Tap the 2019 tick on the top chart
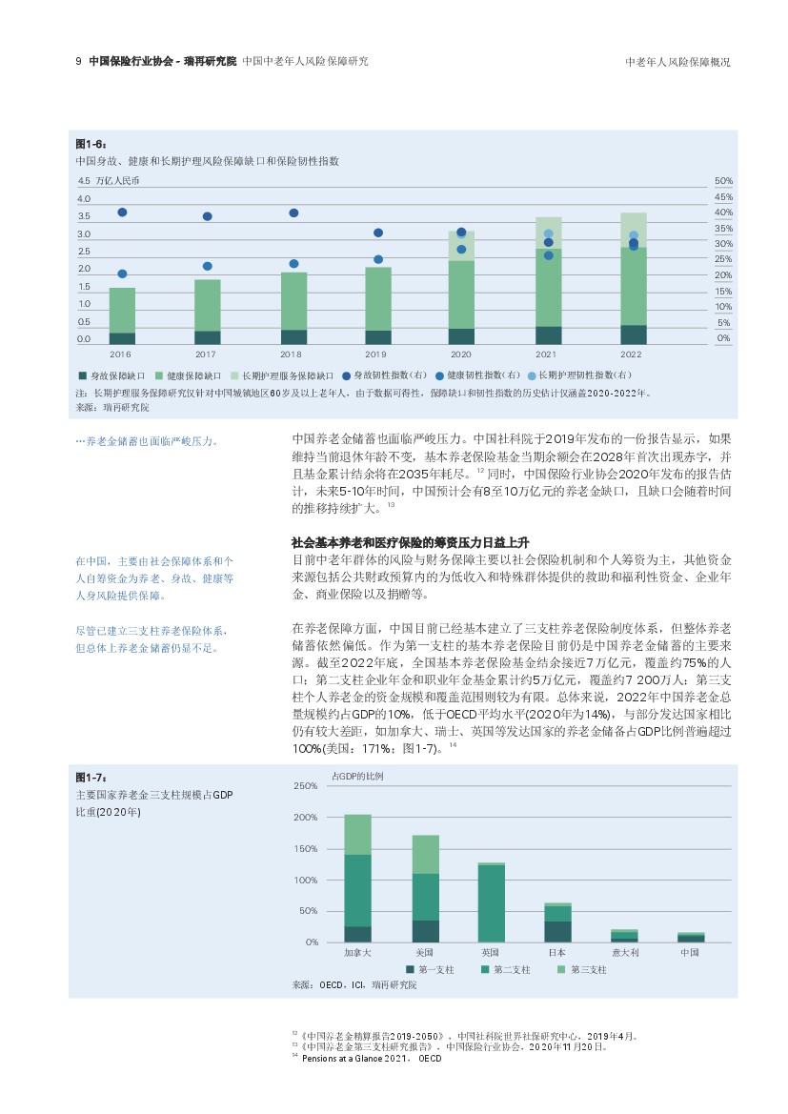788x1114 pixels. pos(375,354)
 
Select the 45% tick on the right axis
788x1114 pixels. pos(723,197)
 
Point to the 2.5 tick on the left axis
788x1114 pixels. pos(84,252)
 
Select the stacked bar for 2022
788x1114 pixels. pos(633,278)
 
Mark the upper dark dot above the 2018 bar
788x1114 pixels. pos(293,213)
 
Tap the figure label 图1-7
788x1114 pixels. pos(91,778)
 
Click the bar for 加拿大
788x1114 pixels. pos(357,878)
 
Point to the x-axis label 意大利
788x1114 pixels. pos(625,952)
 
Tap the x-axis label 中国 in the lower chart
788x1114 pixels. pos(692,952)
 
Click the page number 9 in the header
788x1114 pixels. pos(78,61)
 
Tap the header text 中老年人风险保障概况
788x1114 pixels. pos(677,62)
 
